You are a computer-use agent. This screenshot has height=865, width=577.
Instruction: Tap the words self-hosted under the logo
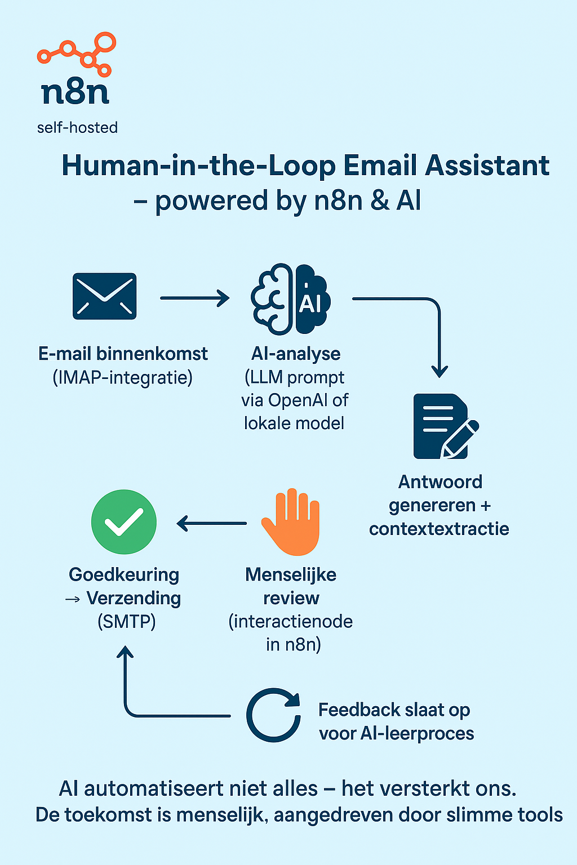77,128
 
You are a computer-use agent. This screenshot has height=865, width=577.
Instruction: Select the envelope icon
104,296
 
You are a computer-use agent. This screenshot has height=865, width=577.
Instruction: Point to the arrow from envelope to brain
195,298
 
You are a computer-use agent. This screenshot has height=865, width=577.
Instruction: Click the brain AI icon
291,299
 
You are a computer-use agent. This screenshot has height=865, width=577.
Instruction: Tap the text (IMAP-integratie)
122,378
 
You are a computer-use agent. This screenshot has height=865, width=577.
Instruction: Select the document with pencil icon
446,426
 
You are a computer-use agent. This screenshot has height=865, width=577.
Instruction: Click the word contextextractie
439,529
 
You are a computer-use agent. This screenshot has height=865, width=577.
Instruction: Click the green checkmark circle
123,521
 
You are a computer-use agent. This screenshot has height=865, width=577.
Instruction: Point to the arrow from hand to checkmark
211,523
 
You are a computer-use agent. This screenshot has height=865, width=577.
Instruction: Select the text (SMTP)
126,622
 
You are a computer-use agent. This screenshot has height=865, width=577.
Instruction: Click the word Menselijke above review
291,574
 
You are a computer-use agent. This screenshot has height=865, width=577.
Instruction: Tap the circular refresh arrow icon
274,715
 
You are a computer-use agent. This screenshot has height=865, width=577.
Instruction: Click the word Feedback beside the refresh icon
359,710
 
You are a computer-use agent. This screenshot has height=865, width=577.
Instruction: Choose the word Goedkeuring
124,575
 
